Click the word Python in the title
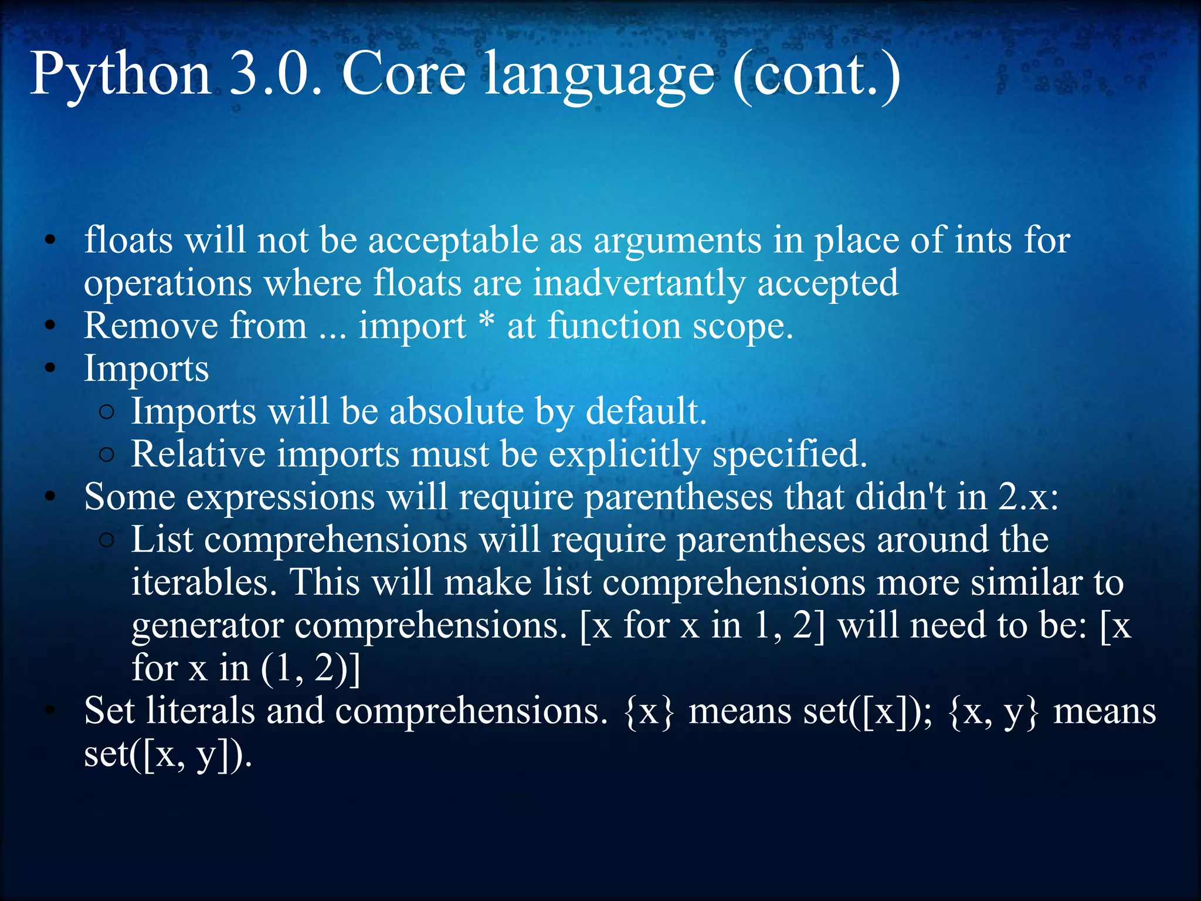click(120, 74)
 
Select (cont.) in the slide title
click(816, 74)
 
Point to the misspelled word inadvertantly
click(639, 283)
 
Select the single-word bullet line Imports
click(146, 370)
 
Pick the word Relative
click(198, 454)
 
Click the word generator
click(208, 626)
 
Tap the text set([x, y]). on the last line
click(168, 755)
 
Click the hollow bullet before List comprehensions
click(106, 540)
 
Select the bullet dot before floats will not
click(50, 241)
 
